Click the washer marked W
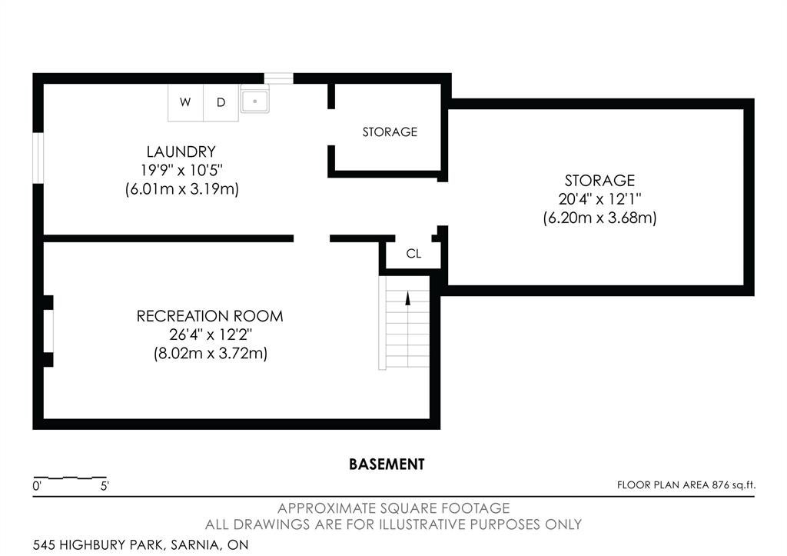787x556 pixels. point(185,102)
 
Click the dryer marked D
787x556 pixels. point(221,102)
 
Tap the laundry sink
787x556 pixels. point(255,99)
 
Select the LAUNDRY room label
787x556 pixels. point(181,151)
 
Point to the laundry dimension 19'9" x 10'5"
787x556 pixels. point(181,170)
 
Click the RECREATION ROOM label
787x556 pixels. point(210,316)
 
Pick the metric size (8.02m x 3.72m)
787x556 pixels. point(211,353)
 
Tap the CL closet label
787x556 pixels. point(413,254)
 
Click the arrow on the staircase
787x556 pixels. point(408,299)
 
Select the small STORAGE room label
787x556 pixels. point(390,132)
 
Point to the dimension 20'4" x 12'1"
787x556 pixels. point(599,199)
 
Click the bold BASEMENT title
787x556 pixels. point(387,464)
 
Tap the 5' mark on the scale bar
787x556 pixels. point(105,486)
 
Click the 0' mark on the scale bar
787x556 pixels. point(37,486)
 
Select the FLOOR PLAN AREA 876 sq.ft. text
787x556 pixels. point(686,484)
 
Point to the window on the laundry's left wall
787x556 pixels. point(38,158)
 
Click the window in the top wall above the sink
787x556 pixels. point(278,78)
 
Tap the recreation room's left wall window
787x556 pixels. point(48,331)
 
